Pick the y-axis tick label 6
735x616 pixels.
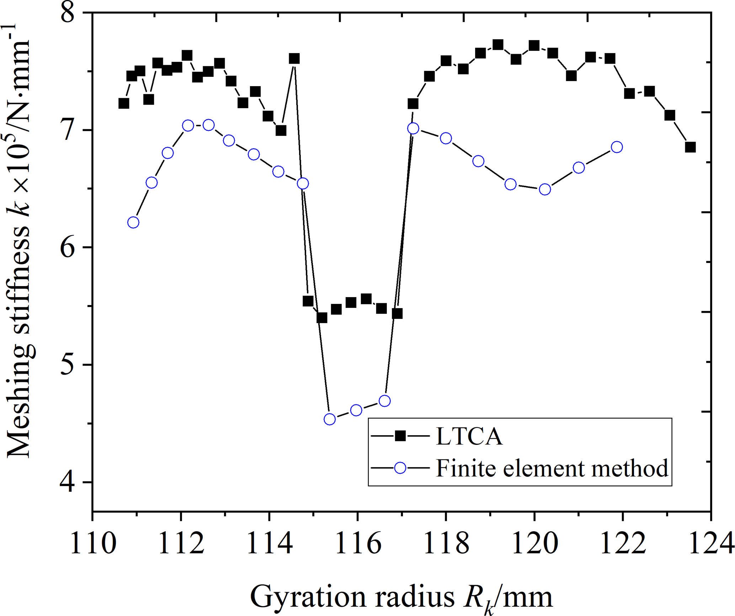(68, 247)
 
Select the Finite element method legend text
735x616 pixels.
(552, 468)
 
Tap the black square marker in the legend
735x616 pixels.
(400, 436)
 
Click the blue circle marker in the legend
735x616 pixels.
(400, 468)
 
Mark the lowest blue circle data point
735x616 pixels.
(330, 419)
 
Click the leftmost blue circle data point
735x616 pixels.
(133, 222)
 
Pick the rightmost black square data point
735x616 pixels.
(690, 147)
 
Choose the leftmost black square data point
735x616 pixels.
(123, 104)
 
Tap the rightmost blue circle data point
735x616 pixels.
(617, 147)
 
